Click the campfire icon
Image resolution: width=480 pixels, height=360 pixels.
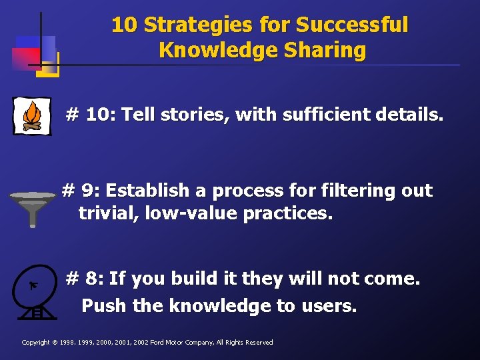31,116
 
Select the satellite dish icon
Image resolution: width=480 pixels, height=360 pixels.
33,292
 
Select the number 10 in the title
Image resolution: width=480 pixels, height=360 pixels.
124,25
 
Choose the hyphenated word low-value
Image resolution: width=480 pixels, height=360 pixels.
189,214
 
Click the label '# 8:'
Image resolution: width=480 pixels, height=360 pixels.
85,278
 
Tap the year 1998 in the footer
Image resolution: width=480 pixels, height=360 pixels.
69,343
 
